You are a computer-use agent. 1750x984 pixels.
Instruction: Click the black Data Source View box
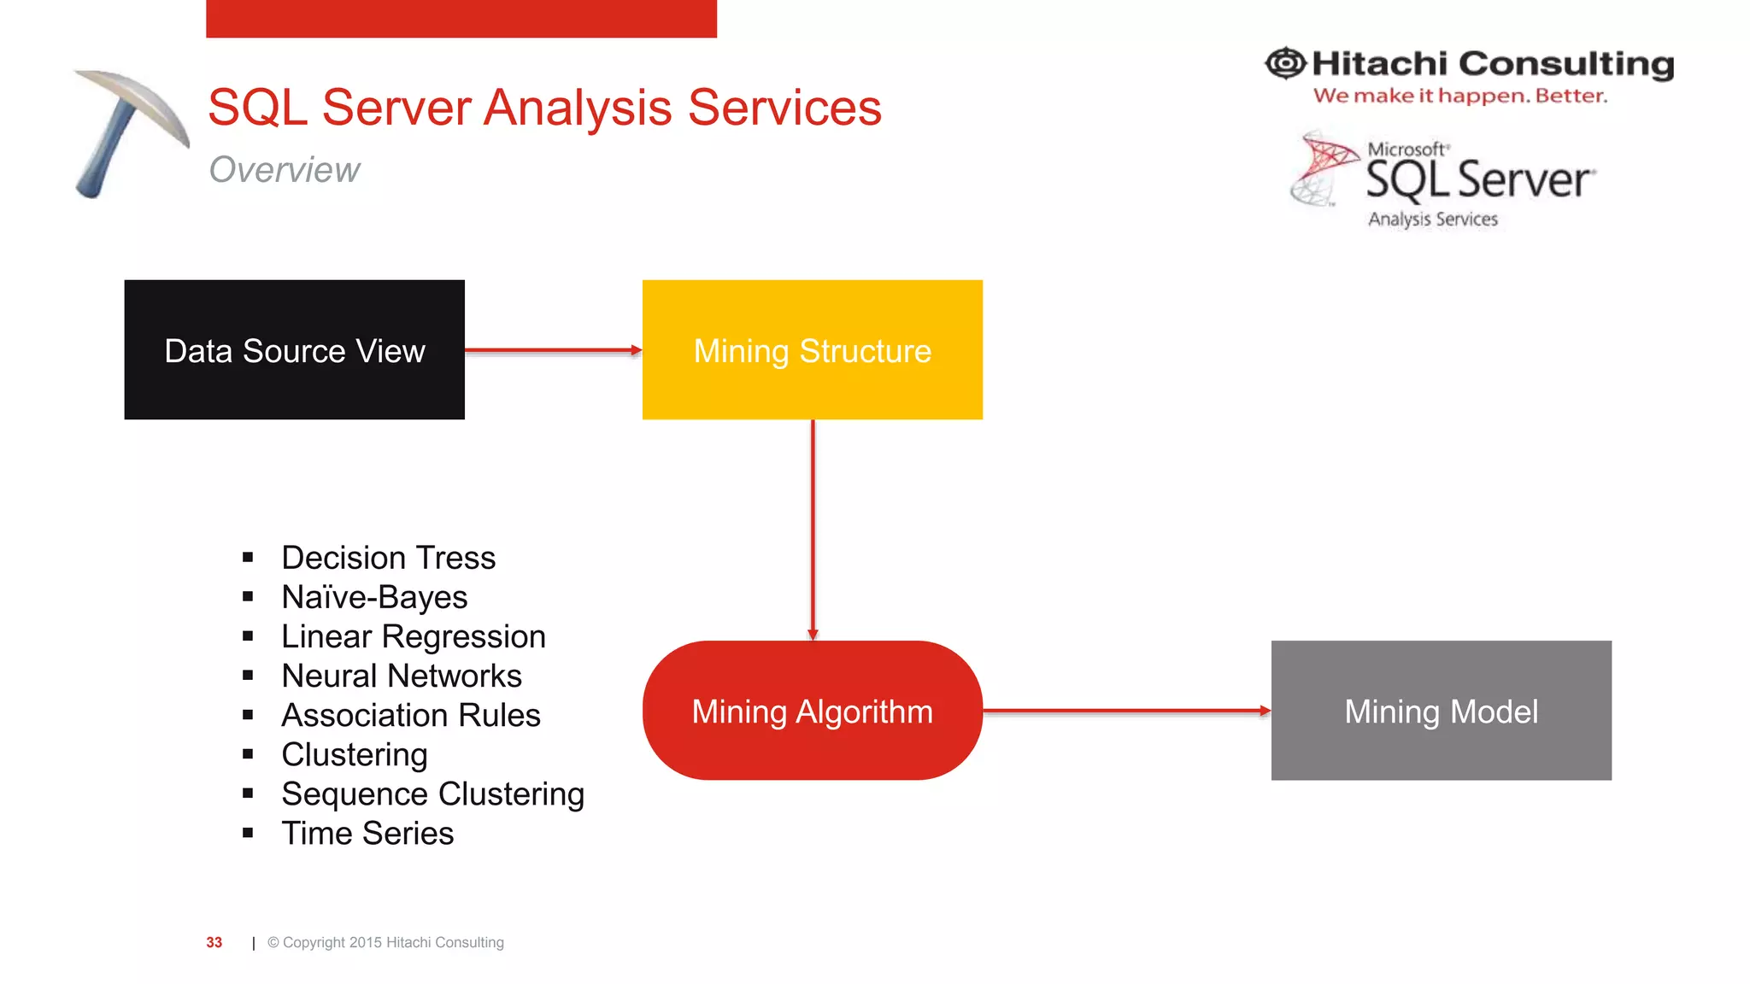tap(294, 349)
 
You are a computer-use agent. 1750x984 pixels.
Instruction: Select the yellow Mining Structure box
tap(812, 349)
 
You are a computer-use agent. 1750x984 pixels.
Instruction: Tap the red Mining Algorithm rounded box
tap(812, 710)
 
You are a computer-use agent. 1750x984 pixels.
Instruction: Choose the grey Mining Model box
tap(1441, 710)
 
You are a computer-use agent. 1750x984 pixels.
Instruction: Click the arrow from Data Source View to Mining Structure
tap(553, 350)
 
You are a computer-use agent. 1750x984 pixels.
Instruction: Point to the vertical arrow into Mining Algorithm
tap(813, 530)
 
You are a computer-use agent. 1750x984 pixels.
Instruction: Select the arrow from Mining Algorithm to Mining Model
tap(1126, 710)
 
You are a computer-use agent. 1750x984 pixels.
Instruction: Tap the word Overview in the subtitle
tap(285, 169)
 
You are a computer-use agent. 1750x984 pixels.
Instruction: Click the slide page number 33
tap(214, 942)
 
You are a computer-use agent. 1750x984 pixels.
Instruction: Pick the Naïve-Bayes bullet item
tap(374, 597)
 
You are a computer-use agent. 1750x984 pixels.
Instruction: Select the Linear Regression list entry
tap(414, 636)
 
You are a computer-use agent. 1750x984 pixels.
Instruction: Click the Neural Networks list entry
tap(402, 676)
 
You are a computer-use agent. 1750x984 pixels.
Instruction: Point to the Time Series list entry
tap(367, 833)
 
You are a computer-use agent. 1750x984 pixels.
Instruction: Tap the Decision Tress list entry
tap(389, 558)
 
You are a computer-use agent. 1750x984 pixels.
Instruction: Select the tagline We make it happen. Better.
tap(1459, 96)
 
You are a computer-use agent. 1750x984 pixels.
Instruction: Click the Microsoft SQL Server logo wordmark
tap(1478, 179)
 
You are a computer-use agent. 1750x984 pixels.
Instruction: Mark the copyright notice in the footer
tap(385, 942)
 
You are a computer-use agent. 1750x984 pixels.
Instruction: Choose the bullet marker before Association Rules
tap(248, 715)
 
